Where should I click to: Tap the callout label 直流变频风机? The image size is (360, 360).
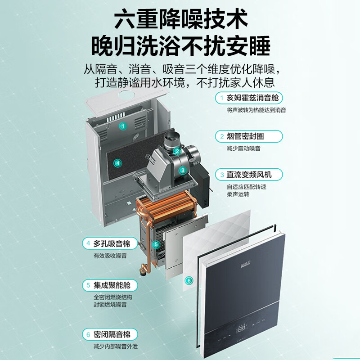coord(249,175)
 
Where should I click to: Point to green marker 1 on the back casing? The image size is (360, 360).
coord(123,126)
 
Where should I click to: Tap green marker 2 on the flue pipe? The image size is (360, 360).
coord(177,151)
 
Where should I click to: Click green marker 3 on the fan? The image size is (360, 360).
coord(183,171)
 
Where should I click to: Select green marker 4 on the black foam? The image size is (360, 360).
coord(118,163)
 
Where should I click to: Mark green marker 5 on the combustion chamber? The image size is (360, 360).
coord(156,244)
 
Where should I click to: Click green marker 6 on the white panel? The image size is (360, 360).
coord(189,280)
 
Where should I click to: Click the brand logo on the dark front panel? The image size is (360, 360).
coord(246,265)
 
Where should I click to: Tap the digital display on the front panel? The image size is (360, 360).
coord(242,329)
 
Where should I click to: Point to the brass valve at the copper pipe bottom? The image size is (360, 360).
coord(144,269)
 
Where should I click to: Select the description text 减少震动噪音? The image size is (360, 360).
coord(243,148)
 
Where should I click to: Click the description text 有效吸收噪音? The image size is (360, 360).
coord(110,256)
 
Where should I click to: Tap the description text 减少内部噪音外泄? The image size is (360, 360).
coord(116,346)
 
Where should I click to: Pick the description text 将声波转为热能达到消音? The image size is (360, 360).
coord(256,110)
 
